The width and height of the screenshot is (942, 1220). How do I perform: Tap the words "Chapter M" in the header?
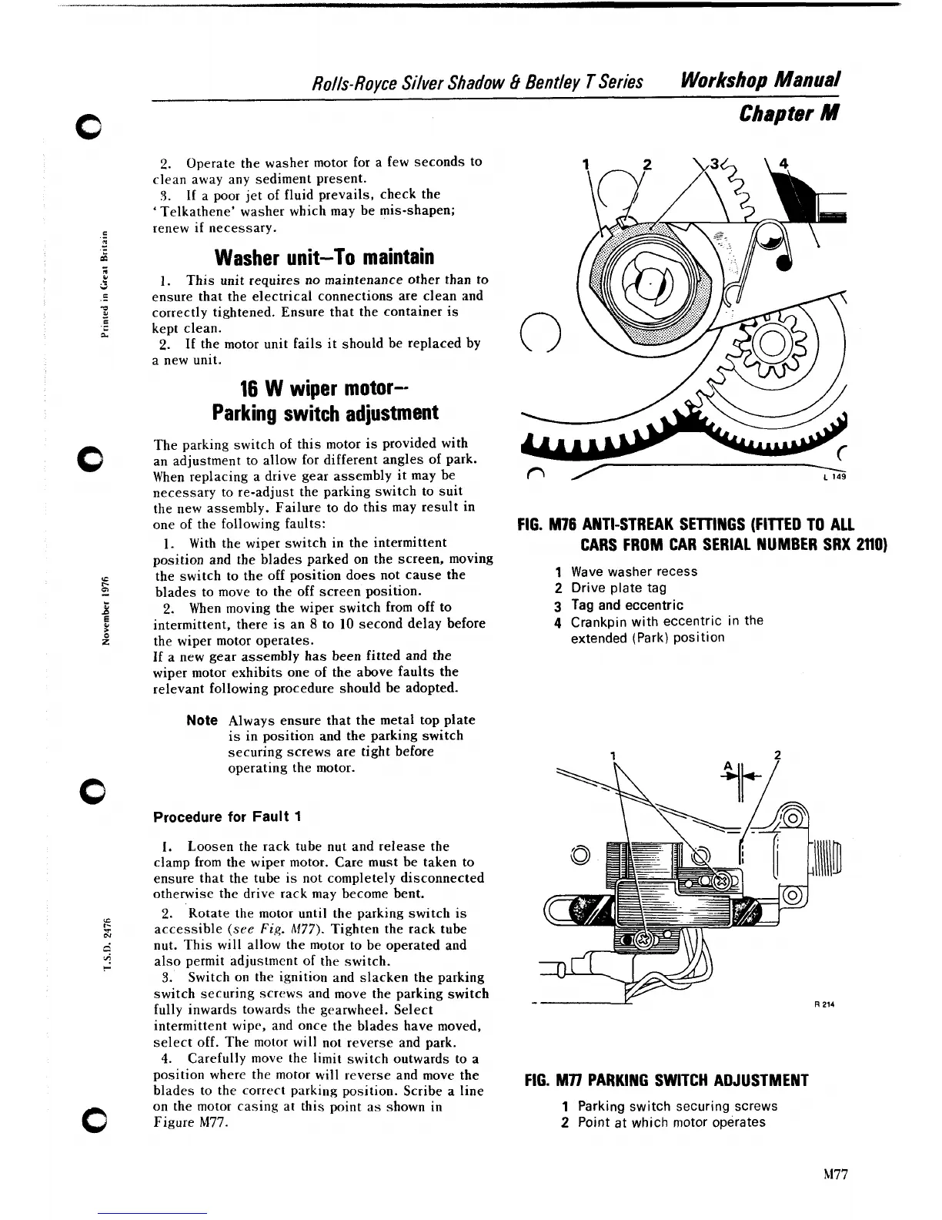[x=787, y=114]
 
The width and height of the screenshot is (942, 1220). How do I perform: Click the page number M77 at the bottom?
[x=834, y=1174]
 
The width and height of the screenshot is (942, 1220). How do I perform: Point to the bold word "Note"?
[x=202, y=720]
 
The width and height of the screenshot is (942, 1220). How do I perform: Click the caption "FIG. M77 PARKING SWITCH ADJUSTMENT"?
[x=666, y=1080]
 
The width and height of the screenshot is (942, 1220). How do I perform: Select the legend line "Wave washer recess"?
[x=633, y=571]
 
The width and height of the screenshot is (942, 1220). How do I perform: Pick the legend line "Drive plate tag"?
[x=618, y=588]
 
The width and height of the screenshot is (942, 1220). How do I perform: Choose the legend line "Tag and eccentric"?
[x=626, y=605]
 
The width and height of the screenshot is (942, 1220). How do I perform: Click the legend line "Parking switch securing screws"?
[x=677, y=1106]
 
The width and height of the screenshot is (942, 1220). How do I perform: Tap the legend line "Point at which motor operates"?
[x=671, y=1122]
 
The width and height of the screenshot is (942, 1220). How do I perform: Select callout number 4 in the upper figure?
[x=783, y=163]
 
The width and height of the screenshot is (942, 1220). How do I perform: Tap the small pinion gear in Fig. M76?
[x=770, y=346]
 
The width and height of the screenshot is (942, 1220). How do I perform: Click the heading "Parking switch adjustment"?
[x=325, y=413]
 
